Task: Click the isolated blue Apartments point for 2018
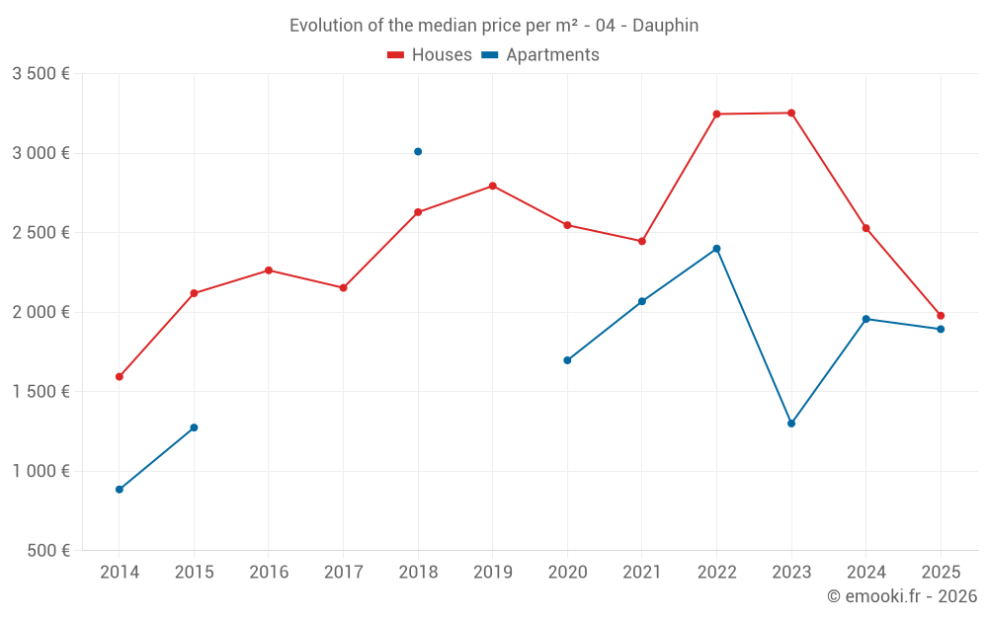click(x=418, y=152)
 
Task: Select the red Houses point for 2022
click(x=716, y=115)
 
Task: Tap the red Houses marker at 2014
click(x=120, y=377)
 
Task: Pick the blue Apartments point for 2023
click(x=791, y=424)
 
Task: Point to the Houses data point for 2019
click(x=492, y=186)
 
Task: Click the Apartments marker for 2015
click(x=194, y=427)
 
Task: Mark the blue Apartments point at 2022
click(x=716, y=249)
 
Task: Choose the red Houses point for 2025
click(x=941, y=316)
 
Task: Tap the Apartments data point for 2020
click(x=567, y=360)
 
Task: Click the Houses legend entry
click(x=430, y=55)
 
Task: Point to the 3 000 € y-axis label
click(x=41, y=153)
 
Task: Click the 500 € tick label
click(x=47, y=551)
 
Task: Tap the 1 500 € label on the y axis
click(x=41, y=392)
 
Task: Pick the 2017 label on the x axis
click(x=343, y=573)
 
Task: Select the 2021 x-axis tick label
click(x=642, y=573)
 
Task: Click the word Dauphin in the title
click(x=665, y=26)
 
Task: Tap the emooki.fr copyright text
click(x=901, y=596)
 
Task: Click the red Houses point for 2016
click(x=269, y=270)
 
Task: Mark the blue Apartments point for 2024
click(x=866, y=319)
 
